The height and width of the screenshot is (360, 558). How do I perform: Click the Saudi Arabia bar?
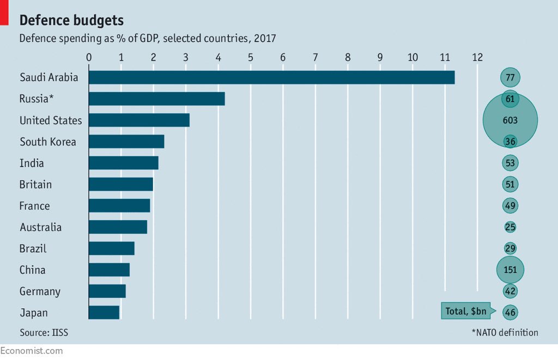point(271,77)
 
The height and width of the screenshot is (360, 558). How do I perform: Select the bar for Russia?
point(156,99)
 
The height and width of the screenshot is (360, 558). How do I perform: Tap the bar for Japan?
point(104,313)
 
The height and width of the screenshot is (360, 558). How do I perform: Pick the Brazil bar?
point(111,248)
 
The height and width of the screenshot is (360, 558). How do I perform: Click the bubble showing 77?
point(510,77)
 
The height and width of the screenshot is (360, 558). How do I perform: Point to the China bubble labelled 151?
point(510,270)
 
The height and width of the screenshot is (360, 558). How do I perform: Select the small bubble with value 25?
point(510,227)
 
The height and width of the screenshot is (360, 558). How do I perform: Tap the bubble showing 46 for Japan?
point(511,313)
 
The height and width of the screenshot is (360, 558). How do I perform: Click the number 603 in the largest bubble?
point(510,120)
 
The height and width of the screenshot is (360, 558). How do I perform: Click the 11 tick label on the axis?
point(445,57)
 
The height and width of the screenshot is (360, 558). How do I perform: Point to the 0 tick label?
point(89,57)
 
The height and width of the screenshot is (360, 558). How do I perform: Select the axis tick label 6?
point(283,57)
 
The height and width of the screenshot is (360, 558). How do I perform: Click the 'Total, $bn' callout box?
point(465,312)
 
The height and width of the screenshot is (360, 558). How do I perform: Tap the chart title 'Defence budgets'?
point(71,21)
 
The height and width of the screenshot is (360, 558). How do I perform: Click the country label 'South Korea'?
point(48,142)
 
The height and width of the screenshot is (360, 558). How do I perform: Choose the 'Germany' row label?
point(40,291)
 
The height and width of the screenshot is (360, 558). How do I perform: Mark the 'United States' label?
point(51,120)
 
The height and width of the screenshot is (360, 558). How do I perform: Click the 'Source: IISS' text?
point(44,332)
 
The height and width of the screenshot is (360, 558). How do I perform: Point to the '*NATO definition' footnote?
point(505,332)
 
